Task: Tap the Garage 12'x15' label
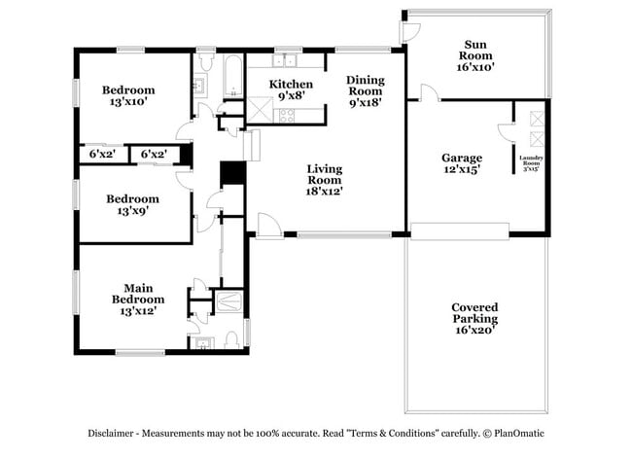click(x=462, y=163)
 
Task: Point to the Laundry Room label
click(x=532, y=162)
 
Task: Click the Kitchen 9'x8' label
click(x=291, y=89)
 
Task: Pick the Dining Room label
click(x=366, y=89)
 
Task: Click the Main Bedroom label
click(x=137, y=299)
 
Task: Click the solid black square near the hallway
click(x=232, y=173)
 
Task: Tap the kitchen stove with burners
click(x=289, y=116)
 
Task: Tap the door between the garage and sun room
click(x=429, y=92)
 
